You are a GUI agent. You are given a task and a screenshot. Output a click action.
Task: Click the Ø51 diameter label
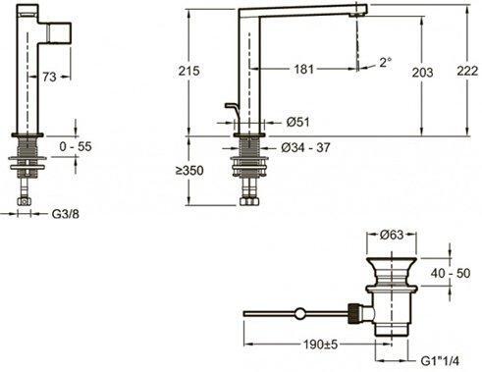tap(298, 123)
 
